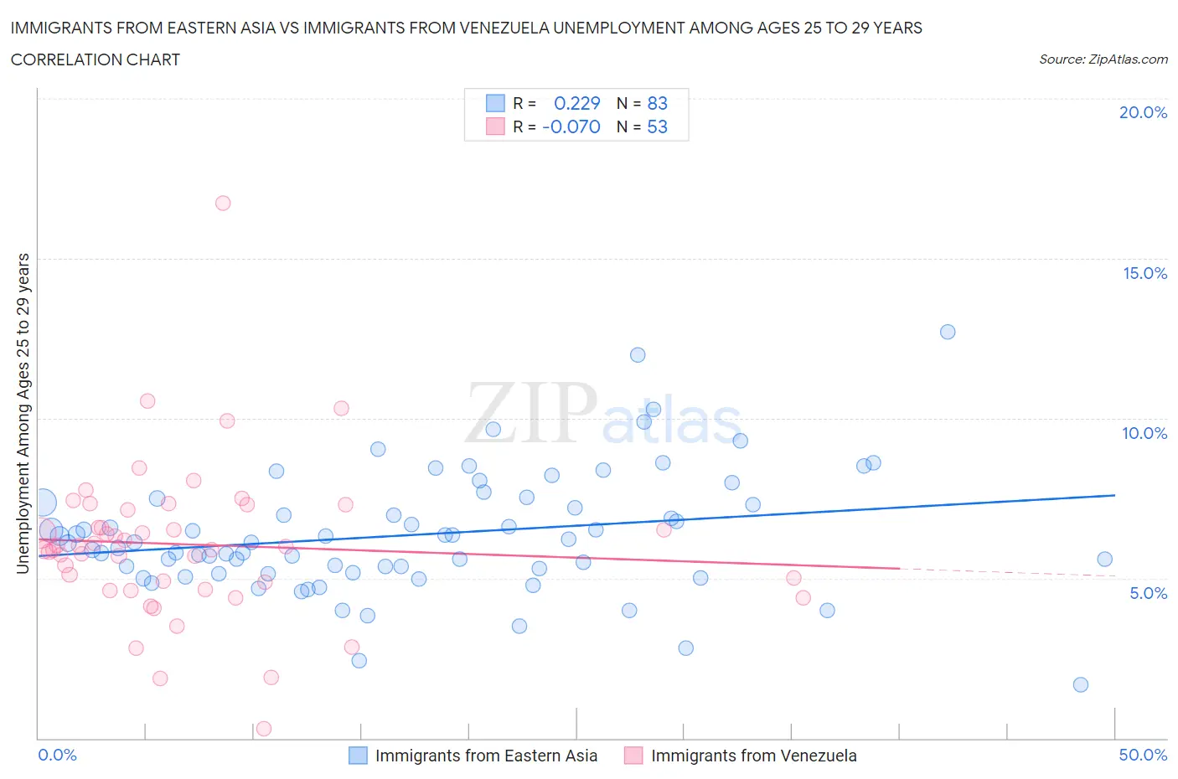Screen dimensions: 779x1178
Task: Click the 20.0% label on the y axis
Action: (1143, 112)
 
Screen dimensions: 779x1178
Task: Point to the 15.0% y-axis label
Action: (1144, 273)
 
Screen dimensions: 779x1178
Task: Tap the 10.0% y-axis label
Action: (1144, 433)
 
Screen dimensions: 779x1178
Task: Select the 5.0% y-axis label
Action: (1148, 593)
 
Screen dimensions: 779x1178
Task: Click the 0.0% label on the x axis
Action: (57, 755)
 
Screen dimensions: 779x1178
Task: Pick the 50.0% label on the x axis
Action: (1143, 755)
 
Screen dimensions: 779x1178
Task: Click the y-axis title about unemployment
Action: (23, 414)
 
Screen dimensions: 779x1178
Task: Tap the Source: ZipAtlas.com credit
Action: (1103, 59)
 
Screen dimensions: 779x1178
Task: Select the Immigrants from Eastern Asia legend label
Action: (486, 756)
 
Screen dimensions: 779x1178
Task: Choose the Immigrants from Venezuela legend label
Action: (753, 756)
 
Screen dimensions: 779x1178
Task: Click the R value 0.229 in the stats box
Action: (577, 103)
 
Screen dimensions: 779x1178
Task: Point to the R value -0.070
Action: (571, 126)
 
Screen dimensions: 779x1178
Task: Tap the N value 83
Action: (657, 103)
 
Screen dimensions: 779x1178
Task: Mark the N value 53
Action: (657, 126)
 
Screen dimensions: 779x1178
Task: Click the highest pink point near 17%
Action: (222, 203)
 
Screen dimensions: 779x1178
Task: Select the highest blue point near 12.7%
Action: (948, 332)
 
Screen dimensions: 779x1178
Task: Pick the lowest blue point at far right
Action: (1081, 684)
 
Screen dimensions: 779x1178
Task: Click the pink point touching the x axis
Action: (264, 729)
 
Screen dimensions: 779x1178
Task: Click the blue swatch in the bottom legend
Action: (358, 756)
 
